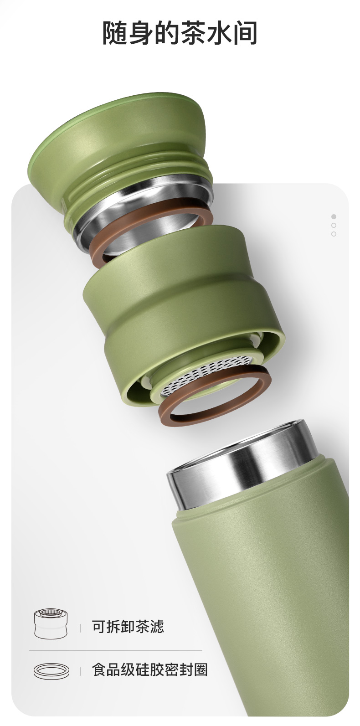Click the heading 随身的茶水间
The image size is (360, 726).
click(x=180, y=33)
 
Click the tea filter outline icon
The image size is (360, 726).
click(x=51, y=623)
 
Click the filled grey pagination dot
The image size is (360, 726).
click(x=334, y=216)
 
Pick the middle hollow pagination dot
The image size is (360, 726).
click(x=334, y=225)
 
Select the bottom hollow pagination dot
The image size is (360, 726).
click(x=334, y=234)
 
